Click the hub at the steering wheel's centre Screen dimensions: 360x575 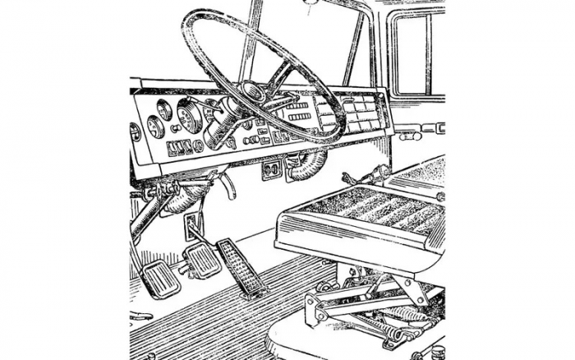[x=251, y=92]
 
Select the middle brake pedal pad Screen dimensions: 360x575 [x=200, y=261]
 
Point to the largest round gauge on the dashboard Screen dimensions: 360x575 [x=190, y=117]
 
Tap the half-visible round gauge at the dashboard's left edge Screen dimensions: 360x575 [x=136, y=132]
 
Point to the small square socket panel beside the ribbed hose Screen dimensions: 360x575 [x=271, y=169]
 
